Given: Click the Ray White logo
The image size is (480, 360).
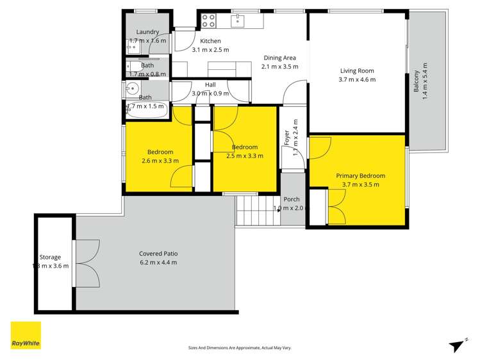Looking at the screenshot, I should pyautogui.click(x=26, y=336).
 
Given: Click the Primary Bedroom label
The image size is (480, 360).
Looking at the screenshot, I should pyautogui.click(x=360, y=176).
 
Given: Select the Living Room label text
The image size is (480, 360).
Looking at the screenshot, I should pyautogui.click(x=356, y=71).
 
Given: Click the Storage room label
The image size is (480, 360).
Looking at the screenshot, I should pyautogui.click(x=49, y=254).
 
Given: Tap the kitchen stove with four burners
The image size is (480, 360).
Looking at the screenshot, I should pyautogui.click(x=209, y=21).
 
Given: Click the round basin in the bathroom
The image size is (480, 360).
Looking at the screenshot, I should pyautogui.click(x=133, y=90).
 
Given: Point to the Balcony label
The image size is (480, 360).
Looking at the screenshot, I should pyautogui.click(x=417, y=81).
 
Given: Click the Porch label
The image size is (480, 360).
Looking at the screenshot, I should pyautogui.click(x=292, y=199).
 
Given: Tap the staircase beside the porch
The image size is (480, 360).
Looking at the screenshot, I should pyautogui.click(x=258, y=211).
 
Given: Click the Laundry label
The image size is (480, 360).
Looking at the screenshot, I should pyautogui.click(x=147, y=32).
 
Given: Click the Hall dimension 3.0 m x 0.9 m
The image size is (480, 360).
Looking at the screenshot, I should pyautogui.click(x=210, y=94).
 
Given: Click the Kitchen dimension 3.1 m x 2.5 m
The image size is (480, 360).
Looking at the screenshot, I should pyautogui.click(x=210, y=49).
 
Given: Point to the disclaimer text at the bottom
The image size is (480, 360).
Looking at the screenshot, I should pyautogui.click(x=239, y=348).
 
